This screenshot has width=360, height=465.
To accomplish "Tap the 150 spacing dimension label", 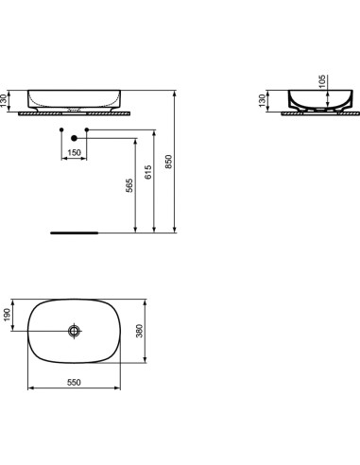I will click(72, 153).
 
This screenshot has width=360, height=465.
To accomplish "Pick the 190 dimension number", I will click(7, 314).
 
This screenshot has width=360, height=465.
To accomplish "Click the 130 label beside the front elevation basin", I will click(7, 99).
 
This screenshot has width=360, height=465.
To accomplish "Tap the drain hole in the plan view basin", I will click(75, 332).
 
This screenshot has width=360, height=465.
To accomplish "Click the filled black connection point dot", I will click(61, 129).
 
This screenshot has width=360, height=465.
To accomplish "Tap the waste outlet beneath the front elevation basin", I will click(74, 111).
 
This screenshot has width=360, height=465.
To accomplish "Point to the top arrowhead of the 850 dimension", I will click(177, 94).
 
